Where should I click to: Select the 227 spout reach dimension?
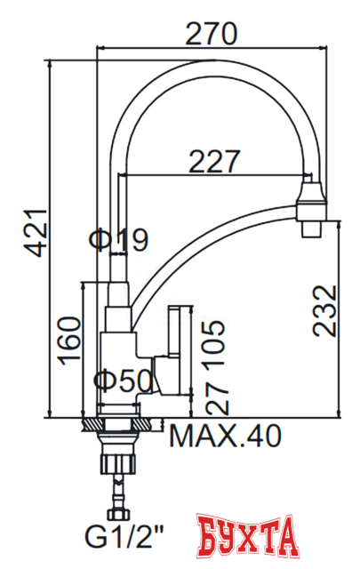point(214,161)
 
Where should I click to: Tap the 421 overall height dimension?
point(32,233)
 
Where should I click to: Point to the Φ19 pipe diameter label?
point(118,238)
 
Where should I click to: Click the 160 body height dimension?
point(68,341)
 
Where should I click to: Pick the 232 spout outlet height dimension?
point(325,310)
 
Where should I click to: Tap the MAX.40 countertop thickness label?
point(225,437)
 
